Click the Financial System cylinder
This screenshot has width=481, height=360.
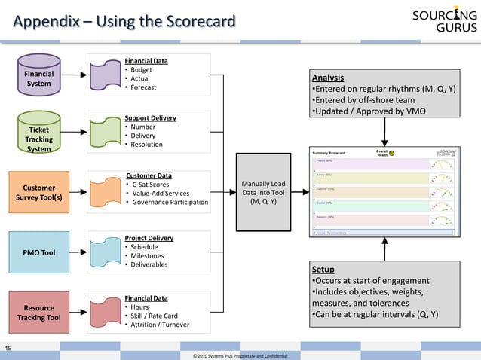coord(38,79)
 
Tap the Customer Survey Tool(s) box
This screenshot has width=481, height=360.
coord(38,193)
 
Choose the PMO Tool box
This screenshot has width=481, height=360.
coord(38,252)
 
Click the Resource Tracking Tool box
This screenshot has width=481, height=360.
coord(38,313)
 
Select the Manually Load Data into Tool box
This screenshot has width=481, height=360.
coord(262,192)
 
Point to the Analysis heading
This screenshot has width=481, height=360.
coord(328,78)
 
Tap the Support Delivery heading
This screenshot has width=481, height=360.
coord(150,118)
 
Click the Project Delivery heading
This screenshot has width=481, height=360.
coord(149,237)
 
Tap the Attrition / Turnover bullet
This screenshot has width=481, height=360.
coord(159,325)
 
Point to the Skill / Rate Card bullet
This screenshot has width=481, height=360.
coord(154,316)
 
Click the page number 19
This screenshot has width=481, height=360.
coord(8,347)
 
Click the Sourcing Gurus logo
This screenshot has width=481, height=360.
coord(444,21)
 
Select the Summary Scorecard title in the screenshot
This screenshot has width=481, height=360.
coord(329,153)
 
